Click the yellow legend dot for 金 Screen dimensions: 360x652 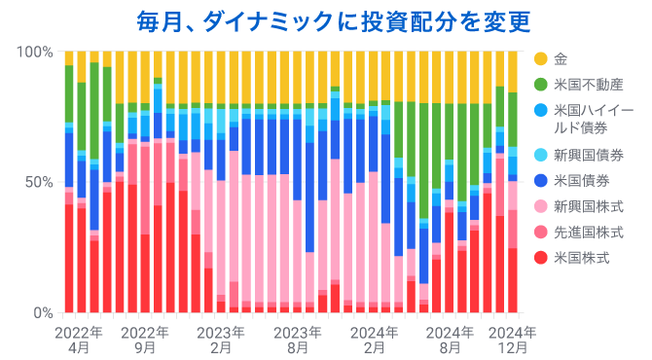tap(540, 58)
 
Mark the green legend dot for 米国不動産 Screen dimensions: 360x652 tap(540, 85)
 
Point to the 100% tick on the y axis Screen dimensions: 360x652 tap(35, 52)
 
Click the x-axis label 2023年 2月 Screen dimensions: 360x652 tap(221, 339)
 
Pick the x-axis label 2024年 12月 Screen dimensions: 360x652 tap(513, 339)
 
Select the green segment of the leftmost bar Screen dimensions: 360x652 tap(69, 93)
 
